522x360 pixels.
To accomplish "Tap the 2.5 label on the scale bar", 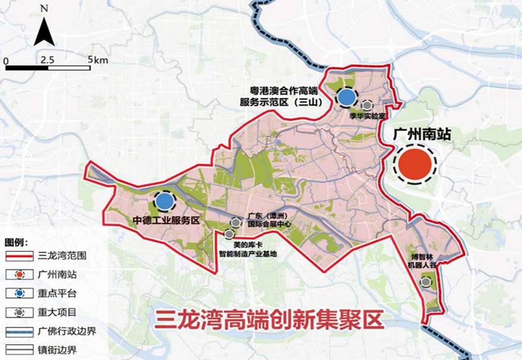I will pos(48,60).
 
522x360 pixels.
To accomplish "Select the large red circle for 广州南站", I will pos(413,164).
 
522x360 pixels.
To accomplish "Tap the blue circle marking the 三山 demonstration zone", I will pos(347,97).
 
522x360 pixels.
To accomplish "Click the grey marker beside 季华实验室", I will pos(368,106).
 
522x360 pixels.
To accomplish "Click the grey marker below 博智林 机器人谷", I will pos(425,283).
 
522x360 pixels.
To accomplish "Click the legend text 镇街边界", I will pos(57,349).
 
